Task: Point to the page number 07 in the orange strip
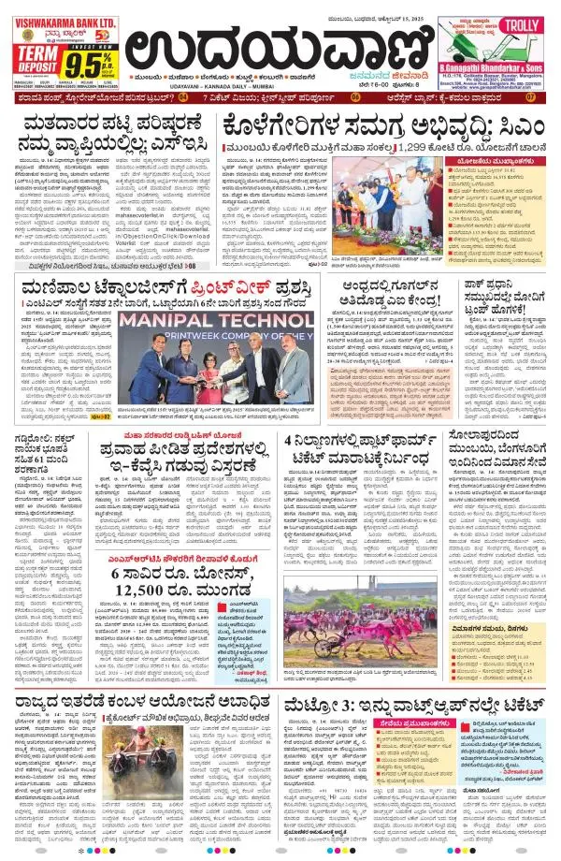coord(530,96)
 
